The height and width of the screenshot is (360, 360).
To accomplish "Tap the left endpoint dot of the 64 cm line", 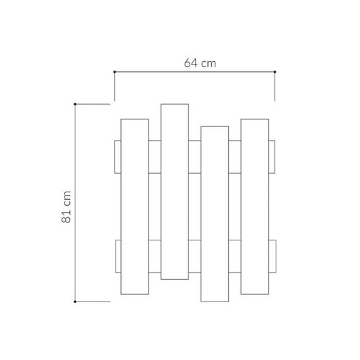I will pos(114,71).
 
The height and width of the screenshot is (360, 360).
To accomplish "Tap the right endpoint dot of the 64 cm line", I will pos(275,71).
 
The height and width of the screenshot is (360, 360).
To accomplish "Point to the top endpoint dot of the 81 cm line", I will pos(75,104).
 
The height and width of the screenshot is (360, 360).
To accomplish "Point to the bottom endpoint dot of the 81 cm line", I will pos(75,300).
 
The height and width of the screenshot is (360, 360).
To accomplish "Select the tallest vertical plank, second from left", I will pos(175,190).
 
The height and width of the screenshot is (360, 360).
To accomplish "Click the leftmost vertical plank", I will pos(134,207).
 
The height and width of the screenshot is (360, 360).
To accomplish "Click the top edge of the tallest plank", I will pos(175,104).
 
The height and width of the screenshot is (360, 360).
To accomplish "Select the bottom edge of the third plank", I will pos(215,301).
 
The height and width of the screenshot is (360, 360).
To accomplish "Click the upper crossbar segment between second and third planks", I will pos(195,156).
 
